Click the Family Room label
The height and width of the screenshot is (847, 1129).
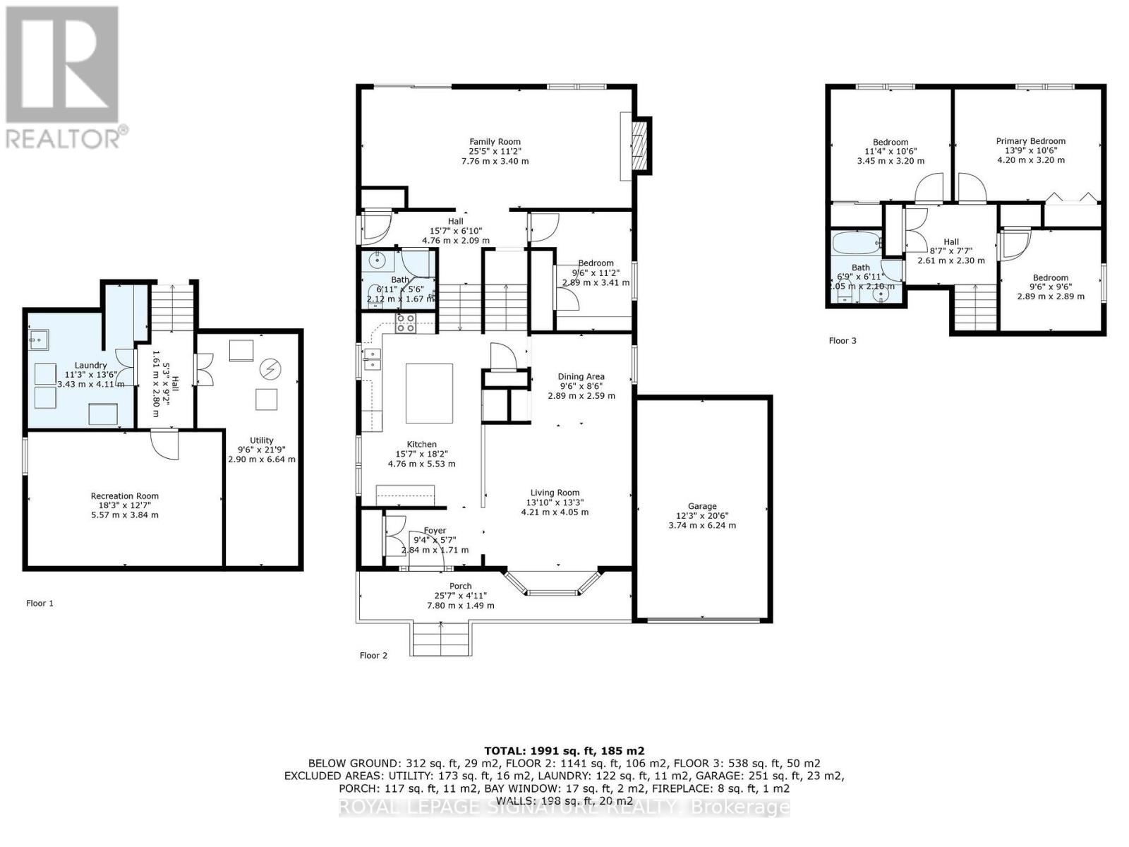495,142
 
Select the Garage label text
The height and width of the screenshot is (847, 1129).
702,506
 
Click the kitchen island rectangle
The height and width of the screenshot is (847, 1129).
429,392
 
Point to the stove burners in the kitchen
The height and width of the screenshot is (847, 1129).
405,323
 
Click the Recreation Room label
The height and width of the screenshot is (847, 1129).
125,496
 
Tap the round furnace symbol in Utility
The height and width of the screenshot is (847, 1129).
270,368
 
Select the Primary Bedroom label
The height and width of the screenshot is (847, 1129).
1030,141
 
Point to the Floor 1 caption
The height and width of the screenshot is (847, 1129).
40,603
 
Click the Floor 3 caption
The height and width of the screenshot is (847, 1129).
843,341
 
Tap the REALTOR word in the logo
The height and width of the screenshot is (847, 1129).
63,137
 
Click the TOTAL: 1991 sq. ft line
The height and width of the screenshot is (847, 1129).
564,751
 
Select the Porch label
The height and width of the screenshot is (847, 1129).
460,587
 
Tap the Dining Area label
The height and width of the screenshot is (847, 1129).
581,377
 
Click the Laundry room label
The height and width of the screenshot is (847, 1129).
90,366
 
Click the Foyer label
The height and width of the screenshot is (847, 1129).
435,531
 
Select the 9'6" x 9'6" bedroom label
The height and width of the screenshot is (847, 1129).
1050,278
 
